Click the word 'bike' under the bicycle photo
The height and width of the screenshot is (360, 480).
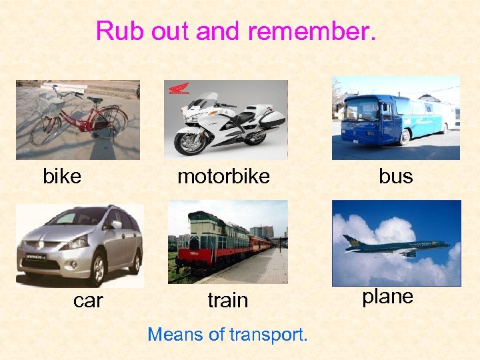[x=62, y=177]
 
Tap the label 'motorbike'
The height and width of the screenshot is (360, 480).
[x=223, y=177]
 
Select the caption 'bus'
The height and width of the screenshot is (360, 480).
[x=395, y=177]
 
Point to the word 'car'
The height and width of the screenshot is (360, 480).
[x=88, y=301]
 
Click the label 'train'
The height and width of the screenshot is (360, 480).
[x=227, y=301]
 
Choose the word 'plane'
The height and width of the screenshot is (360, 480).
[x=387, y=297]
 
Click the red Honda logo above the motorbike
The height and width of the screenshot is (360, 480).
[x=179, y=89]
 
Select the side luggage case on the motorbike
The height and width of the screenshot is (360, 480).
[x=272, y=120]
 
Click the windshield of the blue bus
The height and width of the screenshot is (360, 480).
[x=361, y=109]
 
